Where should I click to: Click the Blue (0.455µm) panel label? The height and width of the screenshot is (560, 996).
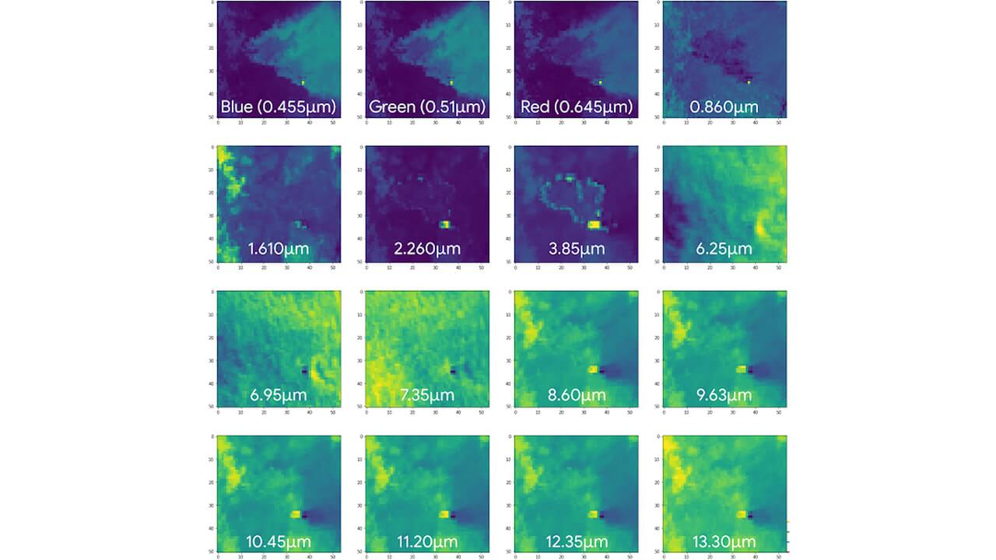(x=278, y=106)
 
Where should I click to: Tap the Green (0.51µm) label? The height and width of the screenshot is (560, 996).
(x=426, y=106)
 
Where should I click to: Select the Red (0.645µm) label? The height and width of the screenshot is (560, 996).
(x=575, y=106)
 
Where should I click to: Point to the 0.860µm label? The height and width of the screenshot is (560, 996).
(x=724, y=106)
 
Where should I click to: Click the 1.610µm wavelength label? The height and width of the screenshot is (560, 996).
(x=278, y=250)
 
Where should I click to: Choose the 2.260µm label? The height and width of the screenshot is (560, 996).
(x=426, y=250)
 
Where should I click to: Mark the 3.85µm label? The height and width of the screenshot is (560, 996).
(x=575, y=250)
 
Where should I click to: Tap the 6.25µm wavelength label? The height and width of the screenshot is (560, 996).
(x=724, y=250)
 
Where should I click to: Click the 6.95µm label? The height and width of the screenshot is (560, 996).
(x=278, y=395)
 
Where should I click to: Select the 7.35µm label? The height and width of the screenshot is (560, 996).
(x=426, y=395)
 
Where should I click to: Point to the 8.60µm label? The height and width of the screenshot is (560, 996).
(x=575, y=395)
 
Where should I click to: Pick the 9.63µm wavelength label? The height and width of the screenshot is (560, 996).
(x=724, y=395)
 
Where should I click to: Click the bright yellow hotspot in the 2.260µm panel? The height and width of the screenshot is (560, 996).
(x=445, y=225)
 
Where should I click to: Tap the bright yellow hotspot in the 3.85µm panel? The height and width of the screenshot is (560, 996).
(x=594, y=225)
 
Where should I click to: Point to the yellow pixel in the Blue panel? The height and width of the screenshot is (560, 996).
(x=303, y=82)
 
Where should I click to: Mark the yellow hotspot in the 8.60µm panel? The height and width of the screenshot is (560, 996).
(x=593, y=369)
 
